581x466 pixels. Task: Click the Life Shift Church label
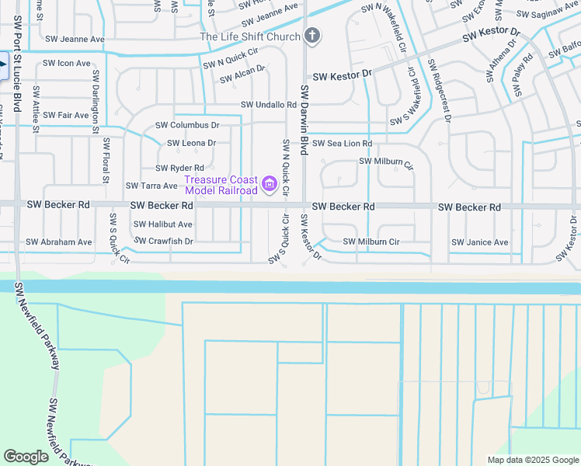click(x=249, y=37)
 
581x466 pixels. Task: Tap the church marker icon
click(x=311, y=36)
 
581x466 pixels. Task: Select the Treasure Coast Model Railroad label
click(x=221, y=186)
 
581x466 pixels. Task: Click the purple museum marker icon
click(x=270, y=184)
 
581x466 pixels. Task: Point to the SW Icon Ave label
click(x=67, y=63)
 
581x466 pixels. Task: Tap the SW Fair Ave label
click(x=66, y=115)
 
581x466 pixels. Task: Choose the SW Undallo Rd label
click(x=269, y=105)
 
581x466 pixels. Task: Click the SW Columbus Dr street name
click(x=187, y=125)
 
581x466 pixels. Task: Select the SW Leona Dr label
click(x=191, y=143)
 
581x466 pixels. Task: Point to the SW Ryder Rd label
click(x=179, y=168)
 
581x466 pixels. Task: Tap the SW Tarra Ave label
click(x=151, y=186)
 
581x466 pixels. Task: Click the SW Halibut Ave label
click(x=162, y=224)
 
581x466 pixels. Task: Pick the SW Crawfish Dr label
click(x=163, y=242)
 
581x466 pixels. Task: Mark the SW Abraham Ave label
click(x=59, y=242)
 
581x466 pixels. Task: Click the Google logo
click(x=26, y=457)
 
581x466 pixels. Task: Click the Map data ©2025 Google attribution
click(x=532, y=460)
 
